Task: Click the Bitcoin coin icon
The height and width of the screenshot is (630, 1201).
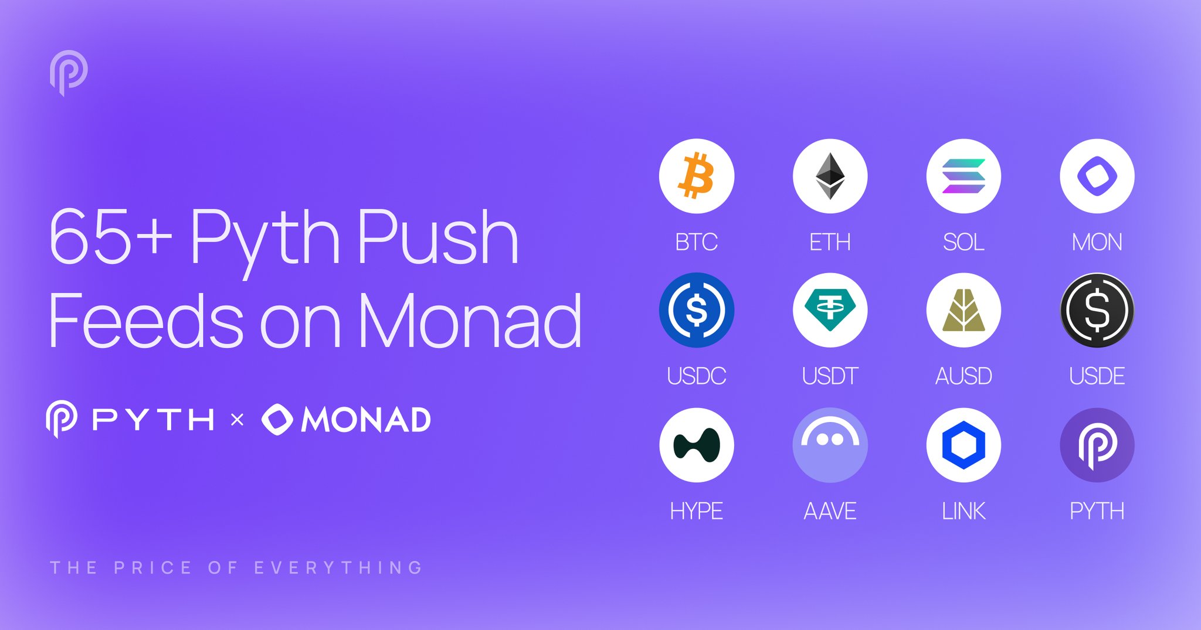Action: coord(696,176)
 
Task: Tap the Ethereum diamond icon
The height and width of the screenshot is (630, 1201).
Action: coord(830,176)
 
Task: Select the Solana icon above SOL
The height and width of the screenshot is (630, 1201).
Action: coord(963,176)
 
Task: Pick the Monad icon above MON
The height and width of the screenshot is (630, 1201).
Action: coord(1097,176)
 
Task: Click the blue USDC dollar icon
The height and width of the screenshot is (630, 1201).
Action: coord(696,310)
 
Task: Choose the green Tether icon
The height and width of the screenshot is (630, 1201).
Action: coord(830,310)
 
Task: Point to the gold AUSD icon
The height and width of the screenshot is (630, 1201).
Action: coord(963,310)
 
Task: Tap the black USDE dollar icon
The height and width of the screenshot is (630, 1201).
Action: coord(1097,310)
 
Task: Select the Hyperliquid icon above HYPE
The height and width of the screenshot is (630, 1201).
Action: coord(696,445)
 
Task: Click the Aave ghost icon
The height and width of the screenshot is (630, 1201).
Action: coord(830,445)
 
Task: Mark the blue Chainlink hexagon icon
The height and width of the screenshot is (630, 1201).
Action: coord(963,445)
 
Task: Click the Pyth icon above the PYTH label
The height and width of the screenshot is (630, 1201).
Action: coord(1097,445)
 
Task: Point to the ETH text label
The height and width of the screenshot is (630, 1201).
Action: coord(830,242)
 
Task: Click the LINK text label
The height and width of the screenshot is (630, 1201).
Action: coord(963,511)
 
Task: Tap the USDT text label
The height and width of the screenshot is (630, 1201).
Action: coord(830,376)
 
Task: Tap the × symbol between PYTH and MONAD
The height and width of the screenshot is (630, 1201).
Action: coord(237,420)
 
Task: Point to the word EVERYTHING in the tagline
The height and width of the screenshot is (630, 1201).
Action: coord(338,567)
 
